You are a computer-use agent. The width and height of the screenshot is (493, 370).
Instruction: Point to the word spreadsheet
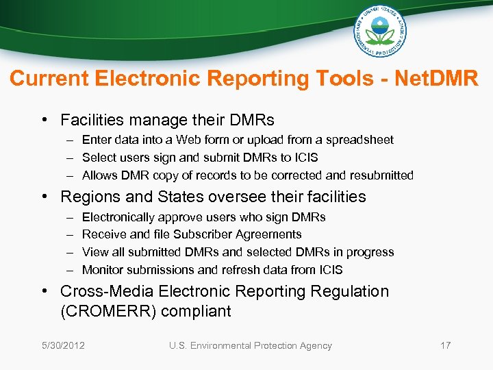click(362, 140)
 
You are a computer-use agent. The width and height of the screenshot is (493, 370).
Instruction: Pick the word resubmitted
click(380, 175)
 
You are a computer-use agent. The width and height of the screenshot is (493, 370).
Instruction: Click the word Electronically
click(118, 217)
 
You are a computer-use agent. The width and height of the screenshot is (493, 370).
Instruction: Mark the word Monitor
click(102, 270)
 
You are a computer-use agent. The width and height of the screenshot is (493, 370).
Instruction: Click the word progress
click(371, 252)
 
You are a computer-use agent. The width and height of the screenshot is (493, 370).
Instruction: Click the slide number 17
click(445, 345)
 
